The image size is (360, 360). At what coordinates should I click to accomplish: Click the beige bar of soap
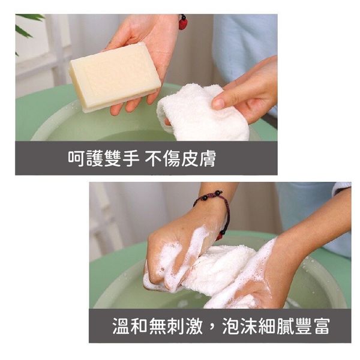tap(115, 77)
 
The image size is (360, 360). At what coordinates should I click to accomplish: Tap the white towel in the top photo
tap(202, 113)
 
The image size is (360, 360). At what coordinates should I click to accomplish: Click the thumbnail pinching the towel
tap(219, 102)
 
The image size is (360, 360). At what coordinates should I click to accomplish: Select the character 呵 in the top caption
tap(76, 158)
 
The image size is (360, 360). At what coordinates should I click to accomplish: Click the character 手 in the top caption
tap(131, 158)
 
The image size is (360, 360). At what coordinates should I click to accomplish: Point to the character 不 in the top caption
tap(154, 158)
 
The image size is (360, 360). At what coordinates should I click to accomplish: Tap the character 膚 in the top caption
tap(208, 158)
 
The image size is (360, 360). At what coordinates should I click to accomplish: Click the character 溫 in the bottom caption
tap(121, 326)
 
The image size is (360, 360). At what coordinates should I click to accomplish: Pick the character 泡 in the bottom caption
tap(231, 326)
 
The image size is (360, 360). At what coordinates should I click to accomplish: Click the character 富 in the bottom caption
tap(322, 326)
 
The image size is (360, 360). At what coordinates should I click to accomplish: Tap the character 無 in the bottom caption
tap(157, 326)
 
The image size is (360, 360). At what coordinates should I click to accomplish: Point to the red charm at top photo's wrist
tap(184, 22)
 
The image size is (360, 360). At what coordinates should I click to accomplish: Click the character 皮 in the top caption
tap(190, 158)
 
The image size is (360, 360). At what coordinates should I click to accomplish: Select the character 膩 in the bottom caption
tap(286, 326)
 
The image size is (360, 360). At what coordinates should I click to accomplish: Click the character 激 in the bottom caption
tap(194, 326)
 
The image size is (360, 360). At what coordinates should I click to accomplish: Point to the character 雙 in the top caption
tap(113, 158)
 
